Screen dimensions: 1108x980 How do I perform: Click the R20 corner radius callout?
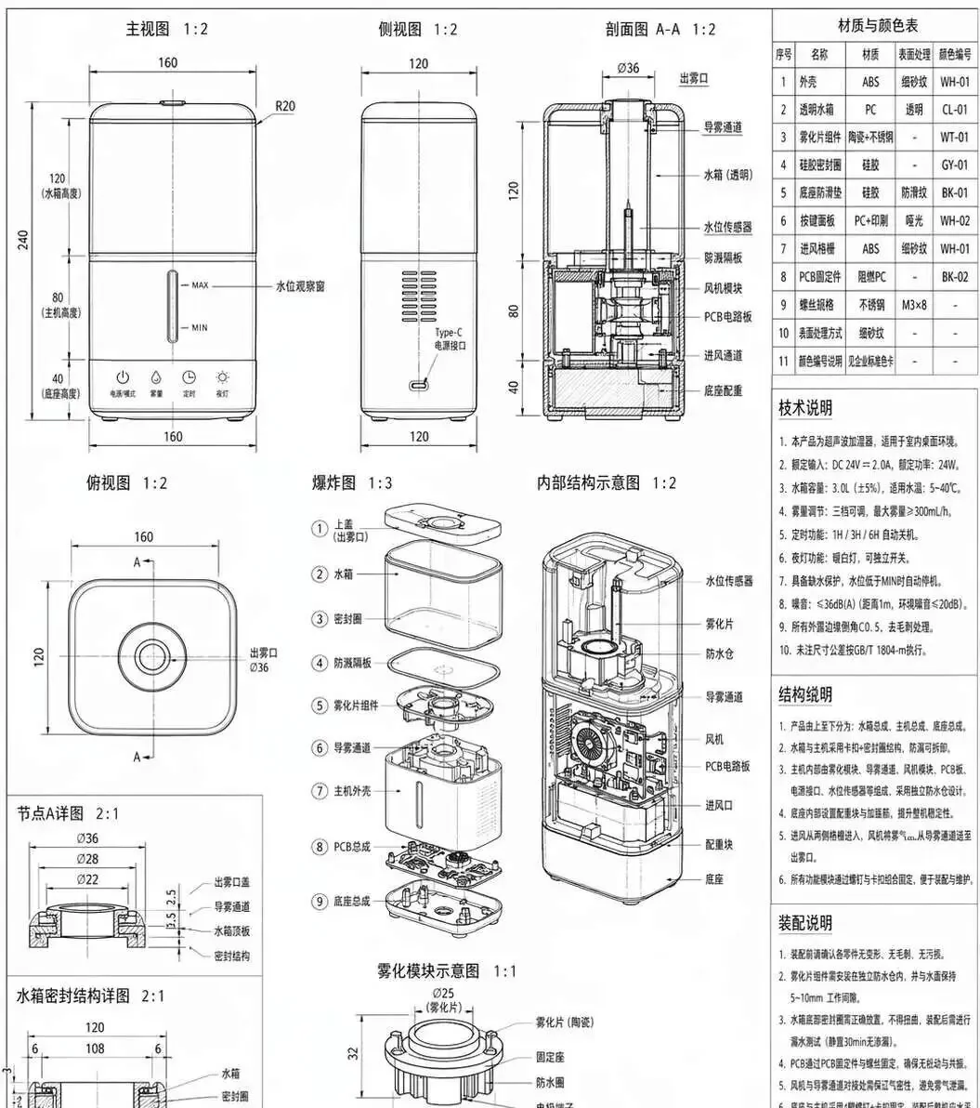coord(284,106)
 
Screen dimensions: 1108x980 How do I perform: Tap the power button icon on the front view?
coord(122,377)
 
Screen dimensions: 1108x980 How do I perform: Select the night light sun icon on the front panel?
coord(222,377)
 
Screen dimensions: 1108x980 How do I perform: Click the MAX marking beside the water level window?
coord(199,285)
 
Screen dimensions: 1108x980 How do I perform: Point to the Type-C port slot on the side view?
coord(419,385)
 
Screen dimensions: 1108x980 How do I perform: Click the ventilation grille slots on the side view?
coord(418,296)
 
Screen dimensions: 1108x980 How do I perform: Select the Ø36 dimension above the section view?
coord(628,68)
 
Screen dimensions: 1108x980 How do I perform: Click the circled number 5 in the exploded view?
coord(320,706)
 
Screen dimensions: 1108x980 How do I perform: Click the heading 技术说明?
coord(805,407)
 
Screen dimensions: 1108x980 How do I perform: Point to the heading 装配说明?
coord(805,923)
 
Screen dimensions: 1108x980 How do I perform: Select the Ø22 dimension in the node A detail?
coord(88,878)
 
